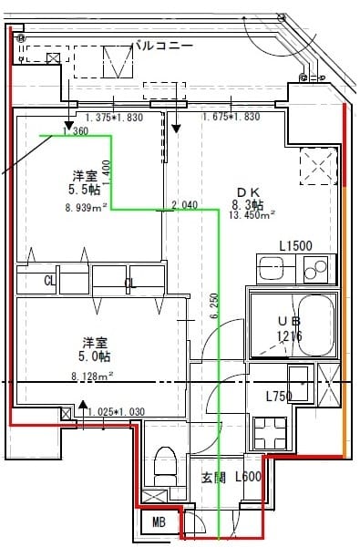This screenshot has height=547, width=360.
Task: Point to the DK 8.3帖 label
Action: click(249, 198)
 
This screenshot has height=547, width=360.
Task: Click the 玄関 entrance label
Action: click(213, 477)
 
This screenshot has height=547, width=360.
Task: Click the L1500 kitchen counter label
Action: click(295, 246)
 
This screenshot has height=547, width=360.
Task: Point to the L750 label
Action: click(278, 396)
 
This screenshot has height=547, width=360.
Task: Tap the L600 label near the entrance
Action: click(249, 477)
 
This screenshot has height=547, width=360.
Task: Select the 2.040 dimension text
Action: click(183, 205)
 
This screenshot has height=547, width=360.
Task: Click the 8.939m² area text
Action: click(87, 207)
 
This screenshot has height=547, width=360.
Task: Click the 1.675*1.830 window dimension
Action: click(231, 117)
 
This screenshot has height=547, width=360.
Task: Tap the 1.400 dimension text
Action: click(106, 169)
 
